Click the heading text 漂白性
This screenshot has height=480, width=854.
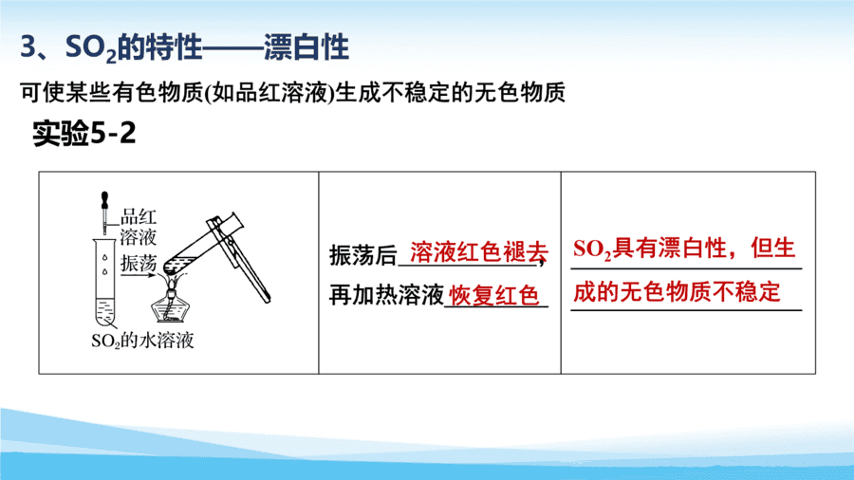click(306, 46)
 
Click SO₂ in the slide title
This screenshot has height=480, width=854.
click(90, 47)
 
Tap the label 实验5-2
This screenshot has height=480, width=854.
click(84, 133)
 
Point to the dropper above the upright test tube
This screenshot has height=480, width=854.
click(104, 212)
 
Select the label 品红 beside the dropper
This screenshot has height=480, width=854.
click(139, 216)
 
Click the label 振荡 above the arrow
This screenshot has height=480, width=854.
click(139, 263)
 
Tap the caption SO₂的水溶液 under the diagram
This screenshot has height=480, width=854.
click(142, 341)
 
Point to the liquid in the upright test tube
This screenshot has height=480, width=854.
click(105, 311)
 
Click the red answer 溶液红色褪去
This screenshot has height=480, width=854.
click(479, 252)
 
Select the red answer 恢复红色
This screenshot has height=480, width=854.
click(493, 296)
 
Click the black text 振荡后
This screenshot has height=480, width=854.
click(363, 255)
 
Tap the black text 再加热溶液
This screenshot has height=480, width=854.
click(387, 296)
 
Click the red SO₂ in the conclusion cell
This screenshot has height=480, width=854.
click(592, 249)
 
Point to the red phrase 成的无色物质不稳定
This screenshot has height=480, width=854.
click(677, 292)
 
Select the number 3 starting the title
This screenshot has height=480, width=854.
click(28, 46)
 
